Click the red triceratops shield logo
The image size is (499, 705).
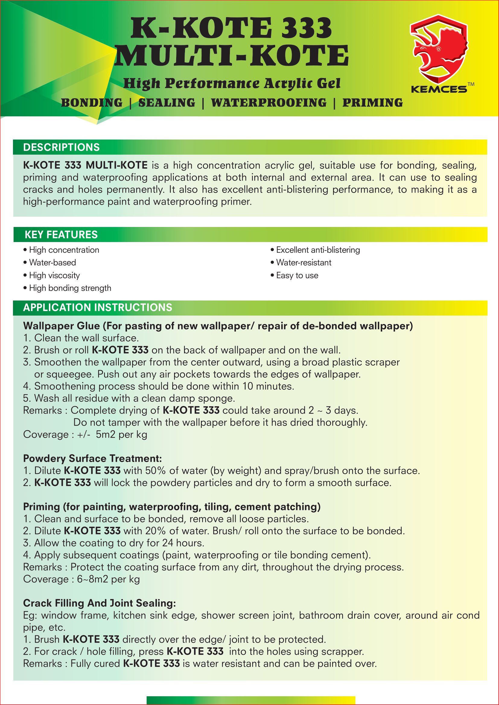point(438,49)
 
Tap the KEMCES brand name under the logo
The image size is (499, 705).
point(438,89)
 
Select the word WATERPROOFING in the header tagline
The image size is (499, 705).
point(269,103)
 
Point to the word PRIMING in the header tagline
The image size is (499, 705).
point(372,103)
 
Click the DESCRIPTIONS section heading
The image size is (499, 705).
point(62,147)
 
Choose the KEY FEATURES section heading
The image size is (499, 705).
point(61,234)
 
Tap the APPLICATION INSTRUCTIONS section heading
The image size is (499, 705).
point(98,307)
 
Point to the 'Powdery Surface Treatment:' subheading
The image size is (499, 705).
point(93,458)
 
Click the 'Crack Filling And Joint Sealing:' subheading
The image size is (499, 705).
point(100,603)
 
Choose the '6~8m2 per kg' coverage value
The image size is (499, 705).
point(109,579)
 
